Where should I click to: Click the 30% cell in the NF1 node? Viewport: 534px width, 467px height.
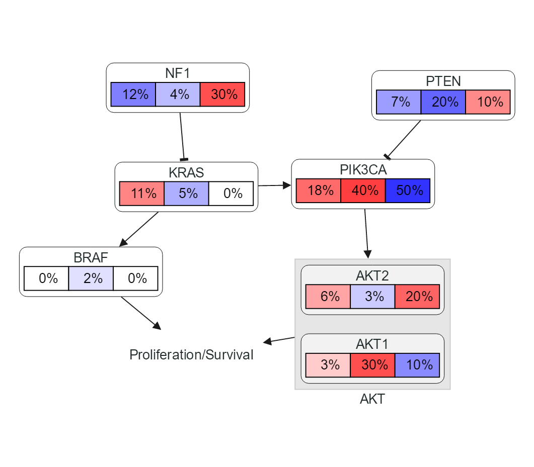pos(222,95)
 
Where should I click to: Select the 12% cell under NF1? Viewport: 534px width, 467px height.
pos(133,95)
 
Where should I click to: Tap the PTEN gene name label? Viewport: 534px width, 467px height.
pos(443,81)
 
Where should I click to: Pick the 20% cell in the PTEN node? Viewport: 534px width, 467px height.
pos(443,102)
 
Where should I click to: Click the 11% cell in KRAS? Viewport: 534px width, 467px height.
pos(142,194)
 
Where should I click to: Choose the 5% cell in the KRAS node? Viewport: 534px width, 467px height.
pos(186,194)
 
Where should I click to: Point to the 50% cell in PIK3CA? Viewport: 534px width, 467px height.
pos(408,191)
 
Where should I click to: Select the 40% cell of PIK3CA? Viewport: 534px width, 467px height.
pos(363,191)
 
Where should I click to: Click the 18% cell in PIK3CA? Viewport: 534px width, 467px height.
pos(319,191)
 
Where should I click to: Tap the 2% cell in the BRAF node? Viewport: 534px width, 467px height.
pos(91,278)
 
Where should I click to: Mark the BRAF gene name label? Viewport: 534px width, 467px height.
pos(91,258)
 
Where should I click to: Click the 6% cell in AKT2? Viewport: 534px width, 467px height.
pos(328,297)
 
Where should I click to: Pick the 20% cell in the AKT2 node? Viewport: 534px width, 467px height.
pos(417,297)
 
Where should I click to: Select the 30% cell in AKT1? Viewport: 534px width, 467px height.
pos(373,365)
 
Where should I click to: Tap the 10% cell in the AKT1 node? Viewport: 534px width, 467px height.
pos(417,365)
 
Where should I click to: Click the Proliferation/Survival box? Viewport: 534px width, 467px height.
pos(191,354)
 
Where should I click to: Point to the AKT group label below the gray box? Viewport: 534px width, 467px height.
pos(372,399)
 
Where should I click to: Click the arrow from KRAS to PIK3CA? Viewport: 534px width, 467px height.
pos(274,185)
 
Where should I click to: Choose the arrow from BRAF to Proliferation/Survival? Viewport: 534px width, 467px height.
pos(140,313)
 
